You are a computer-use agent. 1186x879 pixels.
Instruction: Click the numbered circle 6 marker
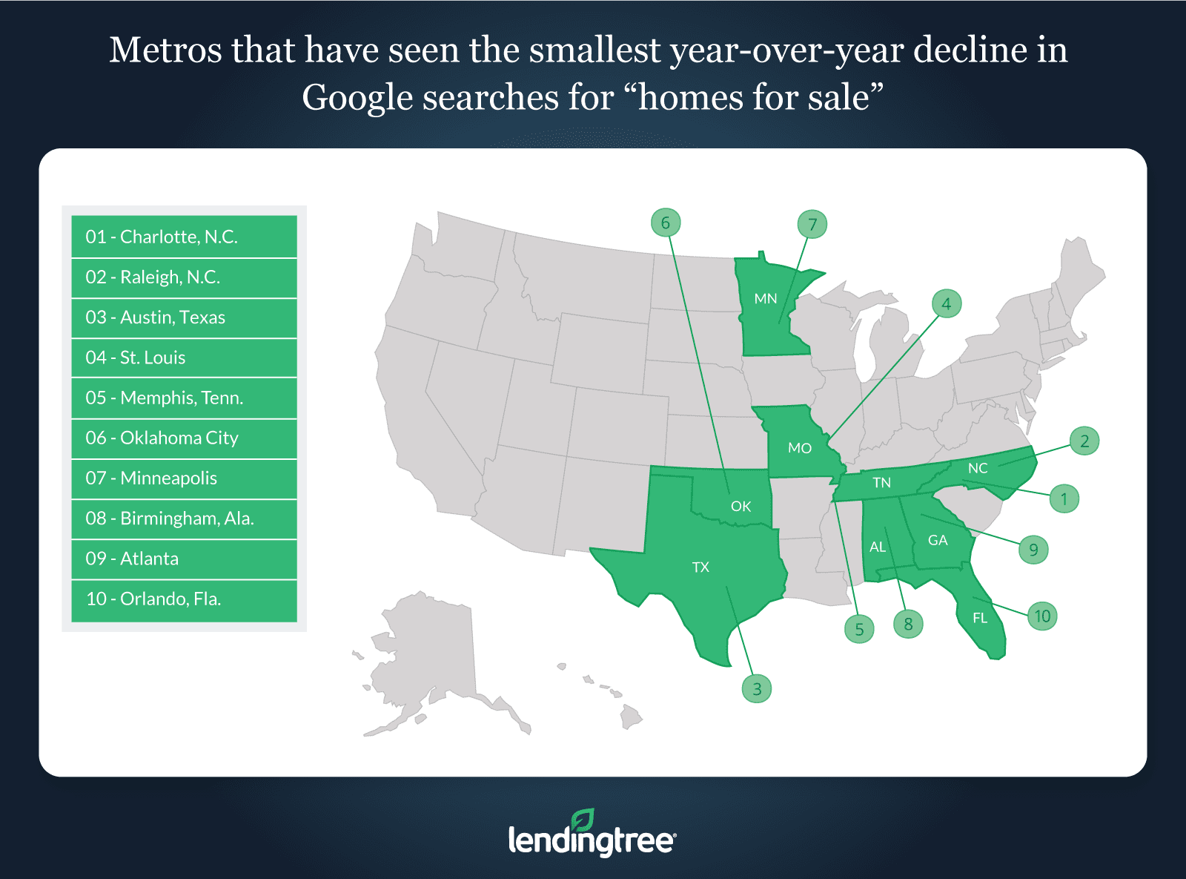666,223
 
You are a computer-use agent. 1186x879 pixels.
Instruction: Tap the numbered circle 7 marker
812,225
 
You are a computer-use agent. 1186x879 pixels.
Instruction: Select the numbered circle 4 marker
947,303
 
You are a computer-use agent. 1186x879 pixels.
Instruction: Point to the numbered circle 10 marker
1042,616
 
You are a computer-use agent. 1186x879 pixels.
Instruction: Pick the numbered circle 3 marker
757,689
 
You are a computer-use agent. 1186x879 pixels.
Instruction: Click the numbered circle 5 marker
859,629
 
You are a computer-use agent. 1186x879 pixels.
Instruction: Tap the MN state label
766,299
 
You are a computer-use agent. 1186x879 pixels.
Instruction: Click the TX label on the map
700,567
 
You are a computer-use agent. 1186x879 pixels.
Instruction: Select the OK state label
741,507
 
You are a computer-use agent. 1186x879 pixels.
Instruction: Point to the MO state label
800,448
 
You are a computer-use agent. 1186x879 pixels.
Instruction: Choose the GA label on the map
938,540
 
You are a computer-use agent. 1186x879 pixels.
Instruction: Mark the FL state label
980,618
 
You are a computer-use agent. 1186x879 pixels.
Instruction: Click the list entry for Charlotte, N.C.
184,237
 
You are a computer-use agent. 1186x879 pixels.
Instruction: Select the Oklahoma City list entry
184,438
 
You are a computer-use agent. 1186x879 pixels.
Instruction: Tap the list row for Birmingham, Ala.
184,518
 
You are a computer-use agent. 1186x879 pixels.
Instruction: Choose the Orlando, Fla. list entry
184,599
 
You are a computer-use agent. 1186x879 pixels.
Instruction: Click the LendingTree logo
592,834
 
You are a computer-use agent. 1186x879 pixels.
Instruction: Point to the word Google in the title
357,98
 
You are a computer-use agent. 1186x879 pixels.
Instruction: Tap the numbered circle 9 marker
1033,550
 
